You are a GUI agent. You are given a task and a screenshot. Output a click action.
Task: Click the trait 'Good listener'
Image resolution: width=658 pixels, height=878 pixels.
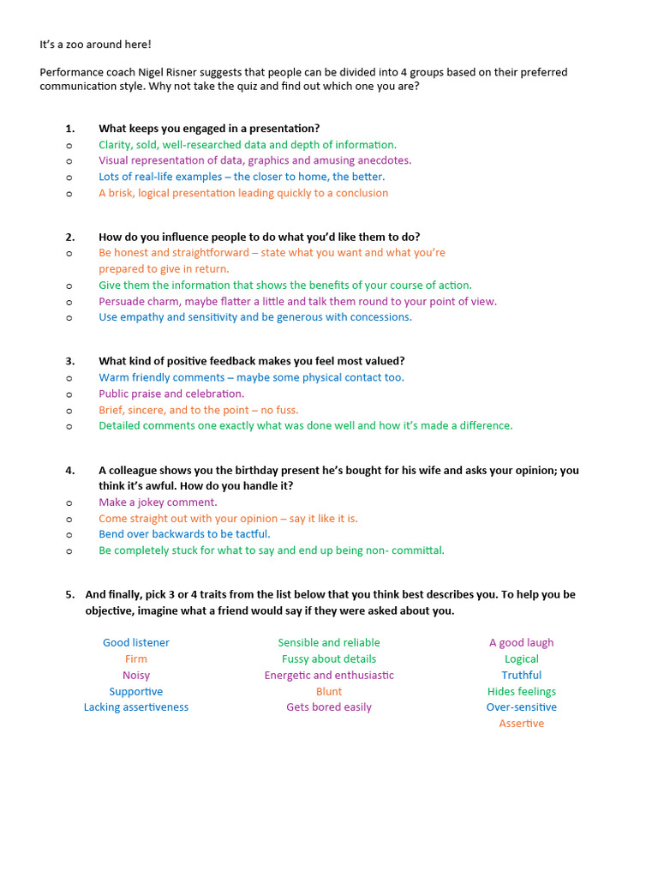pyautogui.click(x=136, y=642)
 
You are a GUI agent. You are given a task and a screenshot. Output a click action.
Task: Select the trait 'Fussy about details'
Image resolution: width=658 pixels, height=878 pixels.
pyautogui.click(x=329, y=658)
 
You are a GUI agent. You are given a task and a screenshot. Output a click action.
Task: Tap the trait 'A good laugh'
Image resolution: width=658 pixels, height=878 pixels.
pyautogui.click(x=521, y=642)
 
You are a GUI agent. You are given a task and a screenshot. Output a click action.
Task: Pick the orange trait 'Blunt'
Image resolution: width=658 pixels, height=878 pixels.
pyautogui.click(x=329, y=691)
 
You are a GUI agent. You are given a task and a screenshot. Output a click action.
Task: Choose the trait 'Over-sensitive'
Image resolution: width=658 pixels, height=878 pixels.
pyautogui.click(x=521, y=707)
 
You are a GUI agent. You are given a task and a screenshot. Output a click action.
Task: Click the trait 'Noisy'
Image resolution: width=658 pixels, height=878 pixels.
pyautogui.click(x=136, y=675)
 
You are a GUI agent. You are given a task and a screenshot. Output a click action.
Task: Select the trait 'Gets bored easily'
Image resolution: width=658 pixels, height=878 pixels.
pyautogui.click(x=329, y=707)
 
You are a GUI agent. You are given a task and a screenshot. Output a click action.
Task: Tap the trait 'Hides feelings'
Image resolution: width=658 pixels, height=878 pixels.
pyautogui.click(x=521, y=691)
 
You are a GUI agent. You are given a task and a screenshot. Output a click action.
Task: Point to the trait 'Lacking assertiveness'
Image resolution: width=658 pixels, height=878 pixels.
pyautogui.click(x=136, y=707)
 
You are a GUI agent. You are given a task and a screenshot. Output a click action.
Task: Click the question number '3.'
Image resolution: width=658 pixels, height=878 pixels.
pyautogui.click(x=69, y=361)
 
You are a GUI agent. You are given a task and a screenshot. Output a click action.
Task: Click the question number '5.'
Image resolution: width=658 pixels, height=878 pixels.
pyautogui.click(x=69, y=594)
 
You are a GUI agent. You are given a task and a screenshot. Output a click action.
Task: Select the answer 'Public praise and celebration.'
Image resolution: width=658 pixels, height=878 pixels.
pyautogui.click(x=171, y=394)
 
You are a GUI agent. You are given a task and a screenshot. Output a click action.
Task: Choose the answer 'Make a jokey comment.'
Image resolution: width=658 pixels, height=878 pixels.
pyautogui.click(x=158, y=502)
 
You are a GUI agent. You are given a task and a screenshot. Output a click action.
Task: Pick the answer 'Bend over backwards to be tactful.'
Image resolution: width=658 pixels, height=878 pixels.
pyautogui.click(x=184, y=534)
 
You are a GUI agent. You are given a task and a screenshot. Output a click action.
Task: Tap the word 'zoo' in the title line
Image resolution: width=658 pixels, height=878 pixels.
pyautogui.click(x=69, y=44)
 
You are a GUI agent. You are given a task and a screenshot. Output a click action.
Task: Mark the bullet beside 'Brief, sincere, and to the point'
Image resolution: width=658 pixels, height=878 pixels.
pyautogui.click(x=69, y=411)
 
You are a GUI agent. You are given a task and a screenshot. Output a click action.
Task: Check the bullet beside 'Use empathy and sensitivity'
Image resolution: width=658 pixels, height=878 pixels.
pyautogui.click(x=69, y=317)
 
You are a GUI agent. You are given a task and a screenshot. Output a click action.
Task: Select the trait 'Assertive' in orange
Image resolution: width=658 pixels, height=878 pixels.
pyautogui.click(x=521, y=724)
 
